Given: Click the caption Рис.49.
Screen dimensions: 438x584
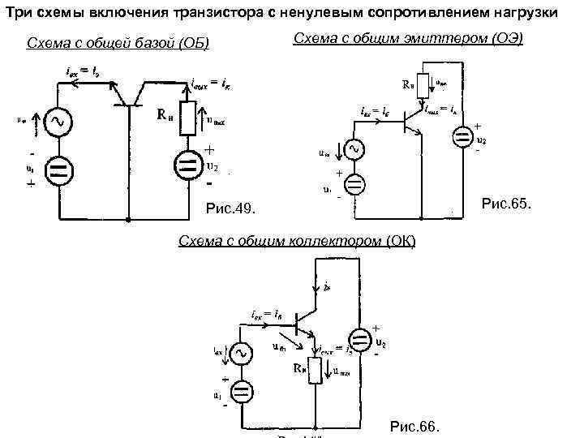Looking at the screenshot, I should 231,210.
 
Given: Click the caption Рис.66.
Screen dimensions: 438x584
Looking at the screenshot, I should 414,426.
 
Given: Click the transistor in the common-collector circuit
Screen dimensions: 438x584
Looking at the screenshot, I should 303,322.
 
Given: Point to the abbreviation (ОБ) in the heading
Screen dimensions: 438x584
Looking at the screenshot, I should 191,42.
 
